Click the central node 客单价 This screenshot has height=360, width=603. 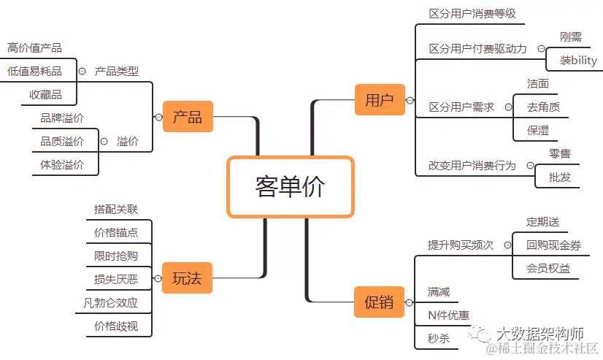[x=290, y=187]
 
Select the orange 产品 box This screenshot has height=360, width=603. [x=188, y=116]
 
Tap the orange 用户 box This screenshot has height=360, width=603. [x=379, y=100]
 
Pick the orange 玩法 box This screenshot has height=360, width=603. [x=187, y=277]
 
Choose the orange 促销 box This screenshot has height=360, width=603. [x=379, y=301]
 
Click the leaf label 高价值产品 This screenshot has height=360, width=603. [x=34, y=48]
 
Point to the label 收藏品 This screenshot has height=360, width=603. [x=45, y=94]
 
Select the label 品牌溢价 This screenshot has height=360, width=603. [x=62, y=118]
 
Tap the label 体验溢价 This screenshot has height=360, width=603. [x=62, y=164]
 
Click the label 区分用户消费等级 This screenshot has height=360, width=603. [x=472, y=14]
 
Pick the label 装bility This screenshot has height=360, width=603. [x=578, y=61]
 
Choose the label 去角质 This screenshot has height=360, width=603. [x=543, y=107]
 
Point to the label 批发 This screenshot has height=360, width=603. [x=560, y=177]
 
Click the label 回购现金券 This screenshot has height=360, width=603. [x=553, y=245]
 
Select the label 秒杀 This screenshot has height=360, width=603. [x=439, y=338]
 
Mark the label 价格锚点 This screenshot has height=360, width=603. [x=116, y=232]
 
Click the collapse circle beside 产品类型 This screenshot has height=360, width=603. [x=82, y=72]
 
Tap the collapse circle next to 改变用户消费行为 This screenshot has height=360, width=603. [x=531, y=166]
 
